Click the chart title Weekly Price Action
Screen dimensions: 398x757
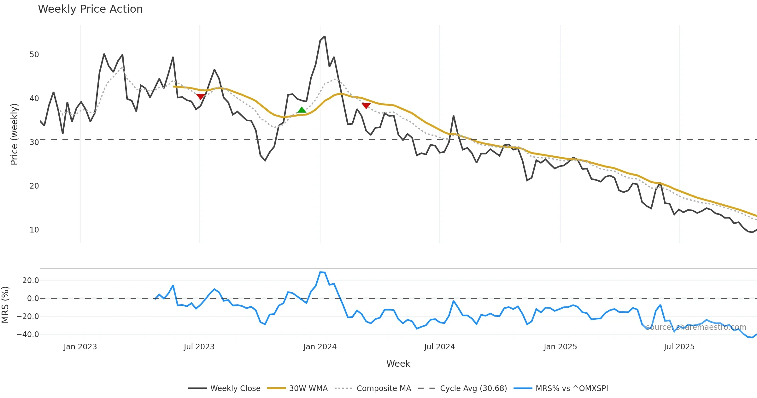pos(90,9)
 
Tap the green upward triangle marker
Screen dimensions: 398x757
pos(302,110)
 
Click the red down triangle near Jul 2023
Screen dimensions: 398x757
pos(200,96)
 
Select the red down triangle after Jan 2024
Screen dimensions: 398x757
pos(366,106)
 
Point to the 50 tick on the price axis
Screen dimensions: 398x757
pos(34,55)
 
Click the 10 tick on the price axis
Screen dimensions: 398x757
pos(34,230)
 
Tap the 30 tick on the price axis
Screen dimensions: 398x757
pos(34,142)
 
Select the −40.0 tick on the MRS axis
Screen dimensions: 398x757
pos(28,335)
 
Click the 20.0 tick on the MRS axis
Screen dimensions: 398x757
pos(31,280)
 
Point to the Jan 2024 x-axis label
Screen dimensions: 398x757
pos(320,347)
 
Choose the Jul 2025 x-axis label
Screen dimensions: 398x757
pos(679,347)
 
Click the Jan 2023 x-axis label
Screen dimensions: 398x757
pos(80,347)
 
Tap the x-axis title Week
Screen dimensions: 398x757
pos(398,364)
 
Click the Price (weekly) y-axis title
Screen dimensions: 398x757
pos(14,134)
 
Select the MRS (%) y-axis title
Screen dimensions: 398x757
pos(5,305)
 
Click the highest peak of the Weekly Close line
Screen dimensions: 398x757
pos(325,37)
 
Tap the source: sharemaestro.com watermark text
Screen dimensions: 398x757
pos(696,327)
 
